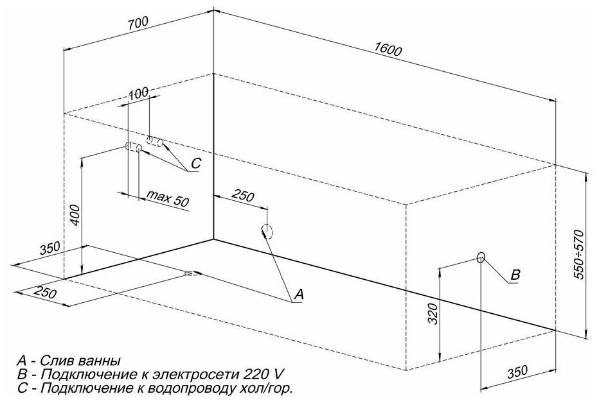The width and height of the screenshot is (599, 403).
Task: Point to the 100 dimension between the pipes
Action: click(138, 93)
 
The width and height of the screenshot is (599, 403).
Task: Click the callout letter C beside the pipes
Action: click(196, 164)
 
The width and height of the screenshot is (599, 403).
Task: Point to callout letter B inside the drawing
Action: click(514, 275)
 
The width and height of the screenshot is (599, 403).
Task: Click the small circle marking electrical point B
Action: click(481, 258)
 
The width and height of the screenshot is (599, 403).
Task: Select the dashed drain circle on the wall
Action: click(267, 231)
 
